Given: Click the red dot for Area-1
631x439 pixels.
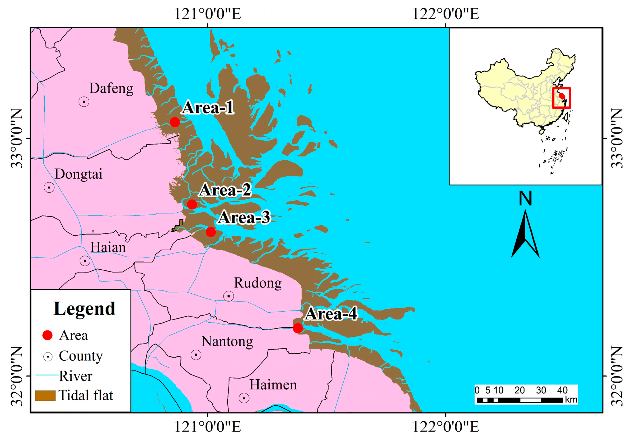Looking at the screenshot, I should [x=175, y=122].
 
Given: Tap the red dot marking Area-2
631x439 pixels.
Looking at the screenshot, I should [x=192, y=204].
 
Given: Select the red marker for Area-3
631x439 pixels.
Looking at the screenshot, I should [x=211, y=232].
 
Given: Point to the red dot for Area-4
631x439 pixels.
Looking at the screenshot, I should [x=298, y=328].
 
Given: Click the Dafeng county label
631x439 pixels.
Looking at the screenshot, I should [x=111, y=88].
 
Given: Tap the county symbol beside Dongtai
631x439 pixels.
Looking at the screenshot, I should [x=49, y=188].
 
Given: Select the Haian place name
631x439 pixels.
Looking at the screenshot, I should [x=108, y=247].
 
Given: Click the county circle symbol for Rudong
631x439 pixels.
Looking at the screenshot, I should [x=229, y=296].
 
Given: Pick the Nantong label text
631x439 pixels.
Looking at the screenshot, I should [x=227, y=342].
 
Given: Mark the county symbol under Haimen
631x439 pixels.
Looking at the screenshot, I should [x=244, y=398].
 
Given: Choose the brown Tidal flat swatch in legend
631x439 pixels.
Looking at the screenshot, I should [x=45, y=395].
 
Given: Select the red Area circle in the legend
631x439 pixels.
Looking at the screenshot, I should [x=47, y=335].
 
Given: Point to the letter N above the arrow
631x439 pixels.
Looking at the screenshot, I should [x=525, y=198].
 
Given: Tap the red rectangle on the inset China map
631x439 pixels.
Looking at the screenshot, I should [x=562, y=98].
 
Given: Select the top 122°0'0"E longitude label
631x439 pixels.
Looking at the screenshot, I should [x=446, y=14].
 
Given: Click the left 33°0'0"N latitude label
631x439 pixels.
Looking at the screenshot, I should [x=16, y=138].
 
